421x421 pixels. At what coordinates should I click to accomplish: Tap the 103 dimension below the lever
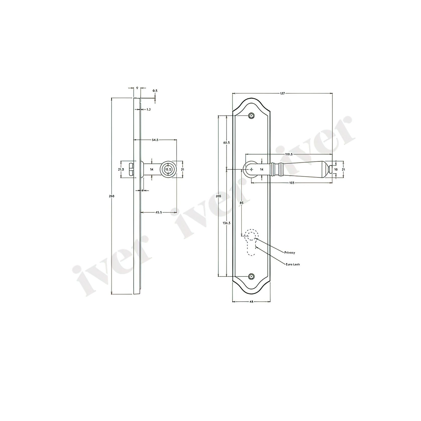point(292,183)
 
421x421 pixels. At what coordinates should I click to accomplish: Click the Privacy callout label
point(290,252)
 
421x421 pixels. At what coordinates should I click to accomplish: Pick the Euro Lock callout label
point(293,264)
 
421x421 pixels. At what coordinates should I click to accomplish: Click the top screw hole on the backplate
point(251,116)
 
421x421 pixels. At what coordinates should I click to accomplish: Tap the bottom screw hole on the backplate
point(251,276)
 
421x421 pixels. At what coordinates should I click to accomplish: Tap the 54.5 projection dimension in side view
point(155,140)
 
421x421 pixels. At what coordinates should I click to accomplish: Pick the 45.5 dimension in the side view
point(158,213)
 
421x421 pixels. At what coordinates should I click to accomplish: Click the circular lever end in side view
point(168,170)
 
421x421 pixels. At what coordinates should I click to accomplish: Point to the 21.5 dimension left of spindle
point(121,170)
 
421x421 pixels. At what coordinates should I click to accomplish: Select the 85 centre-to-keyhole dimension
point(242,202)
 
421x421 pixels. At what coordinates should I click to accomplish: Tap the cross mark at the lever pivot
point(252,170)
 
